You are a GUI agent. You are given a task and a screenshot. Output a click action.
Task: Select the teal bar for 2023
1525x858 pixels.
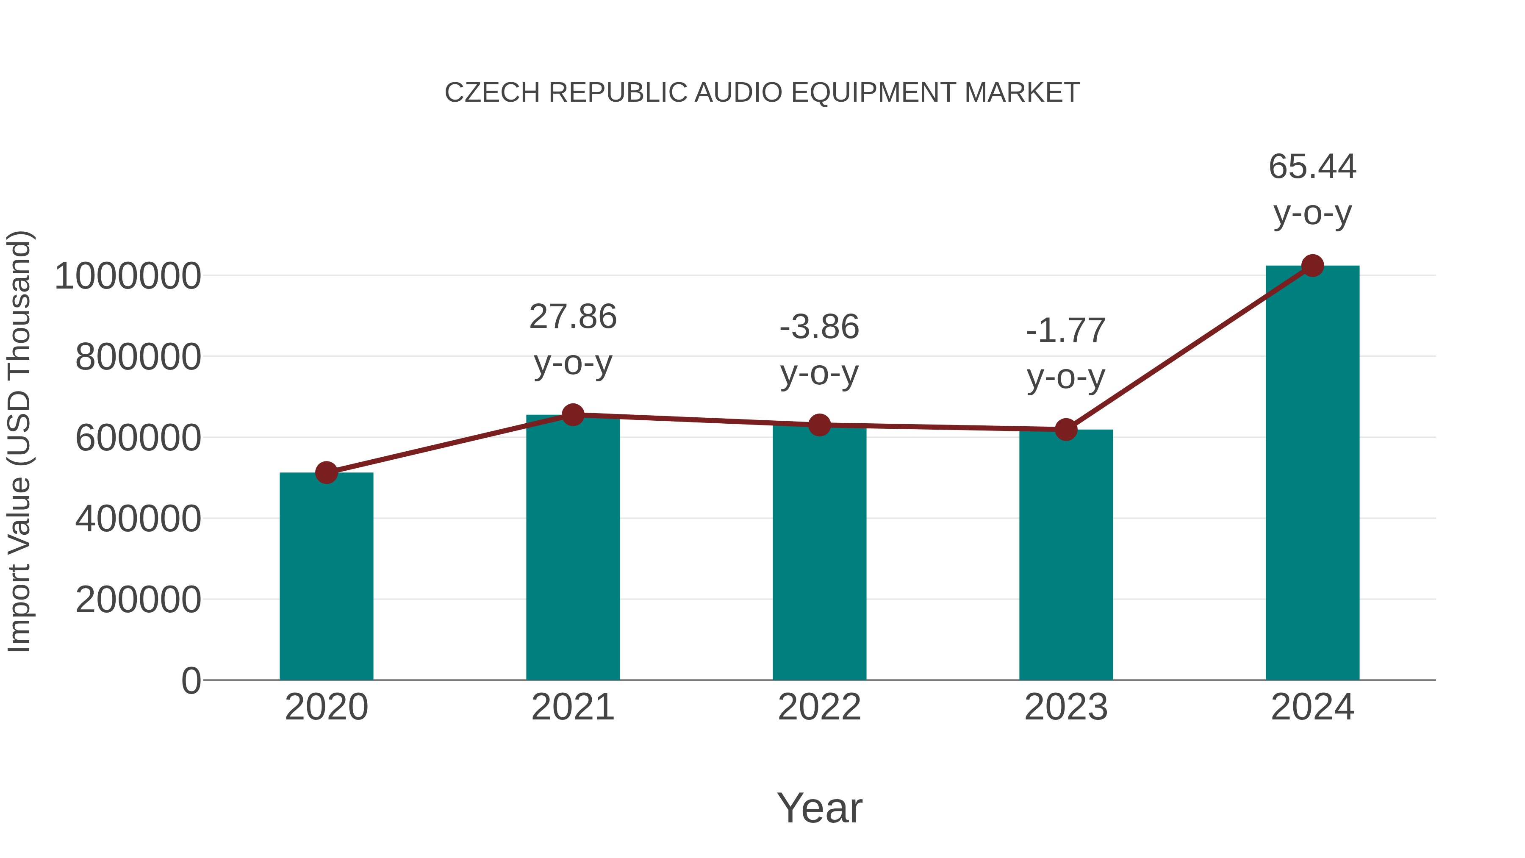[x=1066, y=557]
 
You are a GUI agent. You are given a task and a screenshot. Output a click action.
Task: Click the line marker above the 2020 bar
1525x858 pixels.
[x=326, y=472]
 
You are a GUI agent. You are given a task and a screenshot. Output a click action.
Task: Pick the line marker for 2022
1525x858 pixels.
[x=819, y=425]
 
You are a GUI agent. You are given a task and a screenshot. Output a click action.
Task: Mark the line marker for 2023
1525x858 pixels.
[x=1066, y=429]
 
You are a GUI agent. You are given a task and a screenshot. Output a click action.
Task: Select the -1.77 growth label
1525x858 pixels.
[x=1066, y=330]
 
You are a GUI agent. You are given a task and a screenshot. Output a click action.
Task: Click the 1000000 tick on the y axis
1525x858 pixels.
[x=127, y=276]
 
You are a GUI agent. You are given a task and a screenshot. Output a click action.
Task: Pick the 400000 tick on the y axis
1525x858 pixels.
[x=138, y=519]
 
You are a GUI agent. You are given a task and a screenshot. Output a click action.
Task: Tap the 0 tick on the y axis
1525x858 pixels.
[x=191, y=681]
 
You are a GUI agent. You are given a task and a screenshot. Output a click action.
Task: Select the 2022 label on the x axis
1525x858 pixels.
[x=819, y=707]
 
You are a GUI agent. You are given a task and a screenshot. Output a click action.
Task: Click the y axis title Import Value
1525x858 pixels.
[x=19, y=441]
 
